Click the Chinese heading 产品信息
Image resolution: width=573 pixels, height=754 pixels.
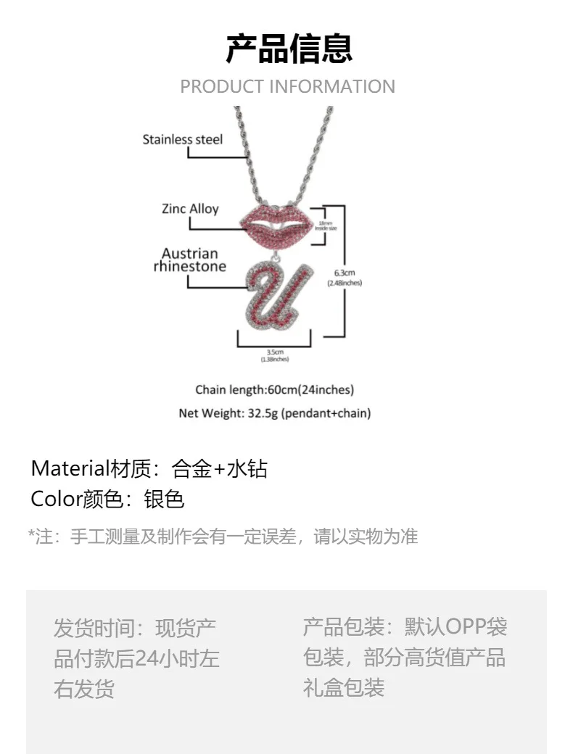289,49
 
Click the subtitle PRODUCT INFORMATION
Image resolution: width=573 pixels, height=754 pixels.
287,86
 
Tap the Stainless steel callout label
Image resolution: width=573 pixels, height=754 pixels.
182,139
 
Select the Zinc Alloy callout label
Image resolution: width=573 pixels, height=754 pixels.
190,210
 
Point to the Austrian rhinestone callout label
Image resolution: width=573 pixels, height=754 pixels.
189,260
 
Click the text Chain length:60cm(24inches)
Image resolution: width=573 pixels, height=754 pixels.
274,390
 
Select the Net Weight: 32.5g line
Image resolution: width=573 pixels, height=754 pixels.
274,413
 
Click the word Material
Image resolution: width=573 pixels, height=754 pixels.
69,468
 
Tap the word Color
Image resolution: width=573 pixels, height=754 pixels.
57,499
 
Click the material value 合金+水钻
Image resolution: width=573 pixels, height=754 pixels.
220,468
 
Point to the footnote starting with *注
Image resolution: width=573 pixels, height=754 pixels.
223,536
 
